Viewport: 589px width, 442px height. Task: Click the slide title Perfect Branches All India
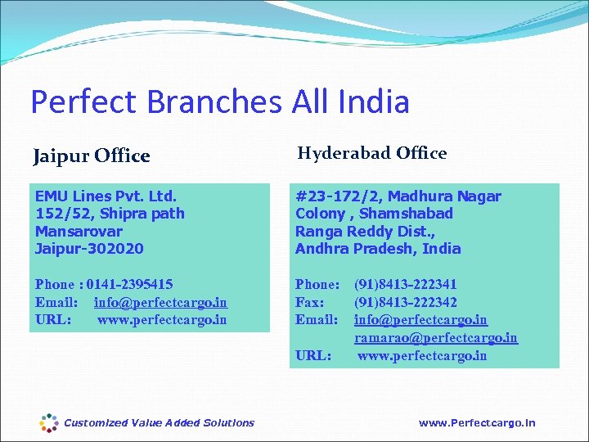(x=219, y=102)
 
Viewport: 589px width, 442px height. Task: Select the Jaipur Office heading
(x=92, y=156)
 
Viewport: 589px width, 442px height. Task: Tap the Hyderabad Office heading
(x=371, y=153)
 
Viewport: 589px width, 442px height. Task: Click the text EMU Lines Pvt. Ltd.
(x=106, y=196)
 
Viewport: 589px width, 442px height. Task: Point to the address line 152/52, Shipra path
(x=110, y=214)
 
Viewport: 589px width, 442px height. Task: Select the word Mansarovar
(x=79, y=231)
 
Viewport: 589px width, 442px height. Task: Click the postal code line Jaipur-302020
(x=89, y=248)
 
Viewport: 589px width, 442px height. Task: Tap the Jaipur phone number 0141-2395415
(x=129, y=285)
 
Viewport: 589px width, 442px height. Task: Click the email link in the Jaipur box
(x=160, y=302)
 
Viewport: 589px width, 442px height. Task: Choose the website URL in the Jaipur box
(x=162, y=319)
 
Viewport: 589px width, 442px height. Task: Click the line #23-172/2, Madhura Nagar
(x=398, y=196)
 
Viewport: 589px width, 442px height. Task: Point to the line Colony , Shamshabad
(x=374, y=214)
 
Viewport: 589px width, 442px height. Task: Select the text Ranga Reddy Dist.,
(x=365, y=231)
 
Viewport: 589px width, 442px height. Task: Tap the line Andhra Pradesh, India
(x=378, y=248)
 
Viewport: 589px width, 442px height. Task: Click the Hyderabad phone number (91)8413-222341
(x=405, y=285)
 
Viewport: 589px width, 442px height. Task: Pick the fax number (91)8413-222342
(x=405, y=302)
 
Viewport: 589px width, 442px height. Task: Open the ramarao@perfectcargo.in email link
(x=435, y=337)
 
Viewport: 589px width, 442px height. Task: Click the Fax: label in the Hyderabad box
(x=310, y=302)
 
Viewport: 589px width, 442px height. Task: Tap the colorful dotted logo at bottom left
(x=49, y=422)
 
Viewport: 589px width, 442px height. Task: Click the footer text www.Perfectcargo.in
(x=477, y=422)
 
